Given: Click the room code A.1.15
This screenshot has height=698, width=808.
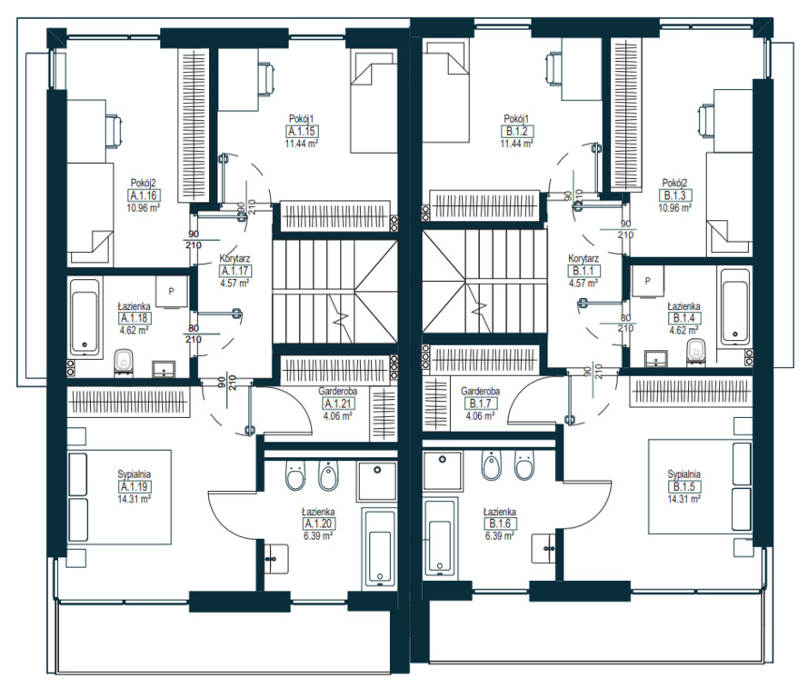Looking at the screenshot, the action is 302,132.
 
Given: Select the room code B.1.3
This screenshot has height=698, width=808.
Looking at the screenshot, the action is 674,195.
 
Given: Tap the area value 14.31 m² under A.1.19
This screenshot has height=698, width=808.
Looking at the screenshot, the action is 134,499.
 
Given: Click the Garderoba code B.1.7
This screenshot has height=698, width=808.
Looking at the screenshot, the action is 480,404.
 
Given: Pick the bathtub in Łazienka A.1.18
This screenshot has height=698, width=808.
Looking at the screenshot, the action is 85,316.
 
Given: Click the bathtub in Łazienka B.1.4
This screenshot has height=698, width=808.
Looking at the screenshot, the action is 734,307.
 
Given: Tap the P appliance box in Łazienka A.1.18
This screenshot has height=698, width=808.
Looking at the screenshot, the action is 172,292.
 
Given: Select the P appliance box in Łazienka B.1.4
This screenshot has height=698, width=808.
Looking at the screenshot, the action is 647,281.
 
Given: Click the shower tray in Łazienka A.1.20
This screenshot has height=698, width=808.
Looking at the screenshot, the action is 377,481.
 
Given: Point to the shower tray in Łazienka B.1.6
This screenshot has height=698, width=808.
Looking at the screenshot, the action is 441,471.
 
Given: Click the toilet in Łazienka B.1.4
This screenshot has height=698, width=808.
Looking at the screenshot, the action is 695,352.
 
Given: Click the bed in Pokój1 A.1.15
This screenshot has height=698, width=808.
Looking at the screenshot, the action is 373,101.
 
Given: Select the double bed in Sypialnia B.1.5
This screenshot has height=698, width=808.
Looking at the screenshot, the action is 700,486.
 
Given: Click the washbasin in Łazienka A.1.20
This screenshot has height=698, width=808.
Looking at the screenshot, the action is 275,558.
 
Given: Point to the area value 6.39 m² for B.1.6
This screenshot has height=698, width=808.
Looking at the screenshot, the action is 499,535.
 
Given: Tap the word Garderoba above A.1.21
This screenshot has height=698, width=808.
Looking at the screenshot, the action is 337,392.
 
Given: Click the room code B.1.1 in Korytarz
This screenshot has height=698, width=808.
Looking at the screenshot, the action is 584,271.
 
